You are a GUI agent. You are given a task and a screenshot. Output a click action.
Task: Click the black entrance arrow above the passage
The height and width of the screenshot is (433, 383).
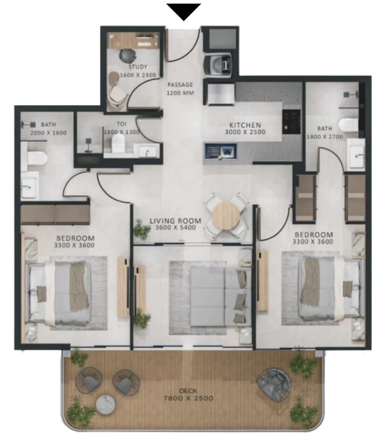(184, 11)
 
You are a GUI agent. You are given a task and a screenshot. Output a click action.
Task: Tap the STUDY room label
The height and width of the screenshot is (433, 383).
(138, 67)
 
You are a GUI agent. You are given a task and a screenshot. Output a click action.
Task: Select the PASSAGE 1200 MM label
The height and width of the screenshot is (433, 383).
(180, 89)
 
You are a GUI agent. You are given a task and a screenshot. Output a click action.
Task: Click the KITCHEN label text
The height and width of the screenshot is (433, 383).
(245, 125)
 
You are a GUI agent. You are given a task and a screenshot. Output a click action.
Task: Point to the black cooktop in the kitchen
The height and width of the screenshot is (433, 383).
(291, 122)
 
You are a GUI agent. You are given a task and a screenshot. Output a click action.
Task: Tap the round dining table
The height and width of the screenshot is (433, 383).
(226, 216)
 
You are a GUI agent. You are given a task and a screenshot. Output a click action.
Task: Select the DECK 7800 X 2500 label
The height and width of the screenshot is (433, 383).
(188, 395)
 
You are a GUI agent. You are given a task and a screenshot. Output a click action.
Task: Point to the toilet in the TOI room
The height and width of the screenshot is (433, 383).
(118, 143)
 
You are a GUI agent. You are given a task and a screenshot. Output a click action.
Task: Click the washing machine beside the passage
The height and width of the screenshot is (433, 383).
(218, 65)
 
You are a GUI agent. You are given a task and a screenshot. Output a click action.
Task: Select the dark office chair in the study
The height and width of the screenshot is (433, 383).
(128, 56)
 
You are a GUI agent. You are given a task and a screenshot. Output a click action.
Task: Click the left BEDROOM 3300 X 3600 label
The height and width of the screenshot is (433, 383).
(74, 242)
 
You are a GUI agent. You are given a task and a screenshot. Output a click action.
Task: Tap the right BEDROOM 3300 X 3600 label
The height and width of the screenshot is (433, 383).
(313, 238)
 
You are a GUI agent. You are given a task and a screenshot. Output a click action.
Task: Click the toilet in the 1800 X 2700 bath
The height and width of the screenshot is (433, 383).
(348, 125)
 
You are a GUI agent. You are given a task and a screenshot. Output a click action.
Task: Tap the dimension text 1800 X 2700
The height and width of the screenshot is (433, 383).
(325, 137)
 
